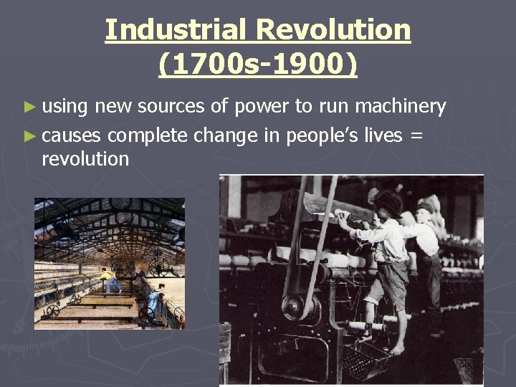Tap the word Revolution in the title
pos(335,30)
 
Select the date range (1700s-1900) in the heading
pos(257,64)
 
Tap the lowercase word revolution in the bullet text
pos(85,159)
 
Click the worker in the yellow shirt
pos(110,280)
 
